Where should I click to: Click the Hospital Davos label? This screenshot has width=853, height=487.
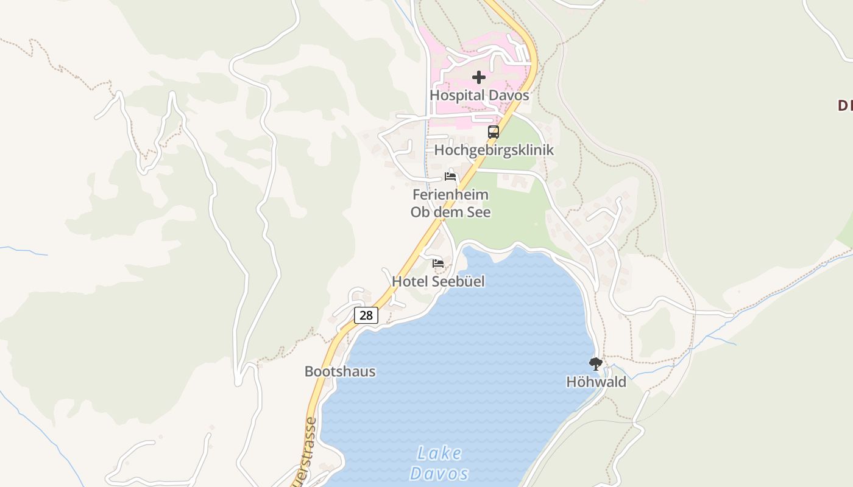479,96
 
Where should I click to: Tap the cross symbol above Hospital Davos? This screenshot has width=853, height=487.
479,77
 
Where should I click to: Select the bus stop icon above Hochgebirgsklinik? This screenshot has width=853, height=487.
494,131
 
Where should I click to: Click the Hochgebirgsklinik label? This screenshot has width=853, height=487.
494,150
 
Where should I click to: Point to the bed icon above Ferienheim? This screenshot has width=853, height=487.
450,177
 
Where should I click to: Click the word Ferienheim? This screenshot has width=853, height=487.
450,195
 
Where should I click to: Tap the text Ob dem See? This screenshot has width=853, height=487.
450,212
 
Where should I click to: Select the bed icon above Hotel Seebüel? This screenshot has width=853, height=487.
438,264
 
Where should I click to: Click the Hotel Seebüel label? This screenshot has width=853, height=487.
438,281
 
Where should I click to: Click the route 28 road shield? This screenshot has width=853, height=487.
366,315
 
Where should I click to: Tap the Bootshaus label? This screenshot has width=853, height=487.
340,371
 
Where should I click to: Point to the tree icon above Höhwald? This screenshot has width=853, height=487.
596,364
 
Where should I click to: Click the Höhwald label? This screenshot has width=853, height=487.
596,382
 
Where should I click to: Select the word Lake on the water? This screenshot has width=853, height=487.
439,454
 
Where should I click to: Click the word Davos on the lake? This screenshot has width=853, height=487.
439,474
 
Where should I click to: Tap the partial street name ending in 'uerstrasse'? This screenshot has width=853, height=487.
311,450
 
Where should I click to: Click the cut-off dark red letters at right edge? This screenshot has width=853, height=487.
844,105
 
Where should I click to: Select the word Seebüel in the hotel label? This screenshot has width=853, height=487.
458,281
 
